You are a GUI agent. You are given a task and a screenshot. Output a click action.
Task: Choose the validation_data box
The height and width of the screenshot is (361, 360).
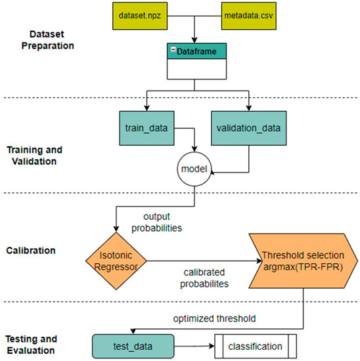[x=248, y=124]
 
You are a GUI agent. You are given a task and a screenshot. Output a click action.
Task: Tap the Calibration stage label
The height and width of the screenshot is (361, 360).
[x=32, y=249]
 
